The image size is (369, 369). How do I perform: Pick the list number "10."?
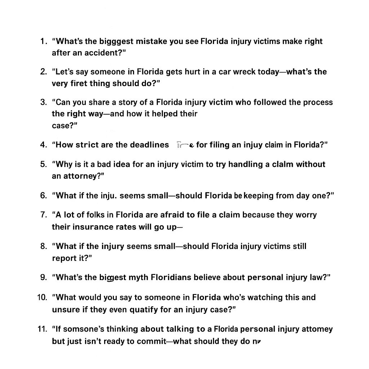point(42,298)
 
